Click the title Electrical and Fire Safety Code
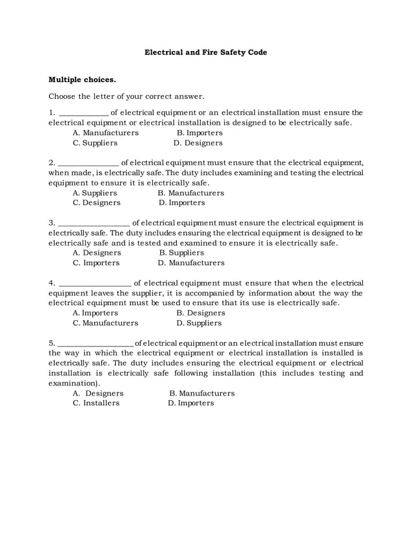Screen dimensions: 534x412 pos(205,52)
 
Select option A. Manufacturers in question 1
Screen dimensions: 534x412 pos(105,133)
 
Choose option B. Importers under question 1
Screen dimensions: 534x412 pos(200,133)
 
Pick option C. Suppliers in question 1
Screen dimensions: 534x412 pos(95,143)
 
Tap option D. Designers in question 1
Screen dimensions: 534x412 pos(198,143)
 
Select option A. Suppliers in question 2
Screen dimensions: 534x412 pos(95,193)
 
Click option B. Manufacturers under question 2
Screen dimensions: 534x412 pos(191,193)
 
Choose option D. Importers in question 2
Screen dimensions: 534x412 pos(181,203)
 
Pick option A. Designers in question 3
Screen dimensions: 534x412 pos(97,253)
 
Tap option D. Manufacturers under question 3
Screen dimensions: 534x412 pos(191,263)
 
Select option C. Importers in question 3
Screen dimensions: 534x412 pos(96,263)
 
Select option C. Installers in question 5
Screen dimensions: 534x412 pos(96,403)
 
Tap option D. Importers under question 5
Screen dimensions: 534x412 pos(191,403)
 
